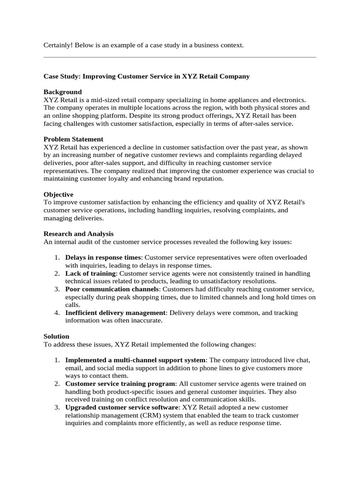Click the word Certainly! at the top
[59, 45]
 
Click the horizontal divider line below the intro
[180, 58]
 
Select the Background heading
[62, 92]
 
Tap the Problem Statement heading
[73, 139]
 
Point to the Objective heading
[58, 194]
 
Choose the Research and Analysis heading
[78, 233]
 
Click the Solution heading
[56, 336]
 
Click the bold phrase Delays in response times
[103, 257]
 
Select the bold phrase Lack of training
[90, 273]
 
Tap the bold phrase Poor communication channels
[112, 289]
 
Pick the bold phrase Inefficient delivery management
[115, 313]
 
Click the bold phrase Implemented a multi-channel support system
[135, 360]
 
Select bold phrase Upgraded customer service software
[122, 407]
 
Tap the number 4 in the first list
[56, 313]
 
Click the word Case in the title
[52, 76]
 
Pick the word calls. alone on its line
[73, 305]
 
